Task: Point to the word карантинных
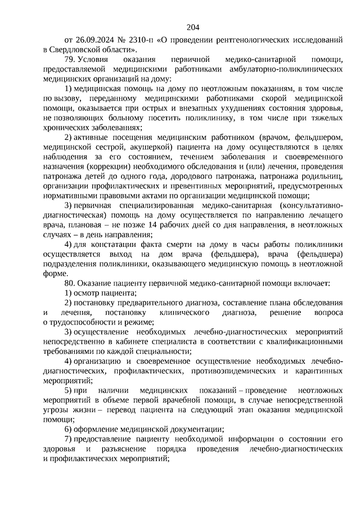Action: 318,371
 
